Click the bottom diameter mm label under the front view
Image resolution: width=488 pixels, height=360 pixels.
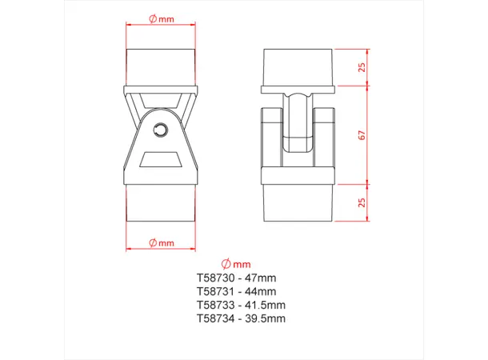click(162, 242)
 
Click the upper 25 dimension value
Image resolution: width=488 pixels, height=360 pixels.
click(362, 68)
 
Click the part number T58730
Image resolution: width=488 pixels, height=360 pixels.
click(214, 278)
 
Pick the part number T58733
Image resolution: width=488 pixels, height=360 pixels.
click(214, 305)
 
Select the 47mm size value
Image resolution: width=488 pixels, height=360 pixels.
click(260, 278)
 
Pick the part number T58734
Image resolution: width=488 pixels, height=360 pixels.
click(214, 318)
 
